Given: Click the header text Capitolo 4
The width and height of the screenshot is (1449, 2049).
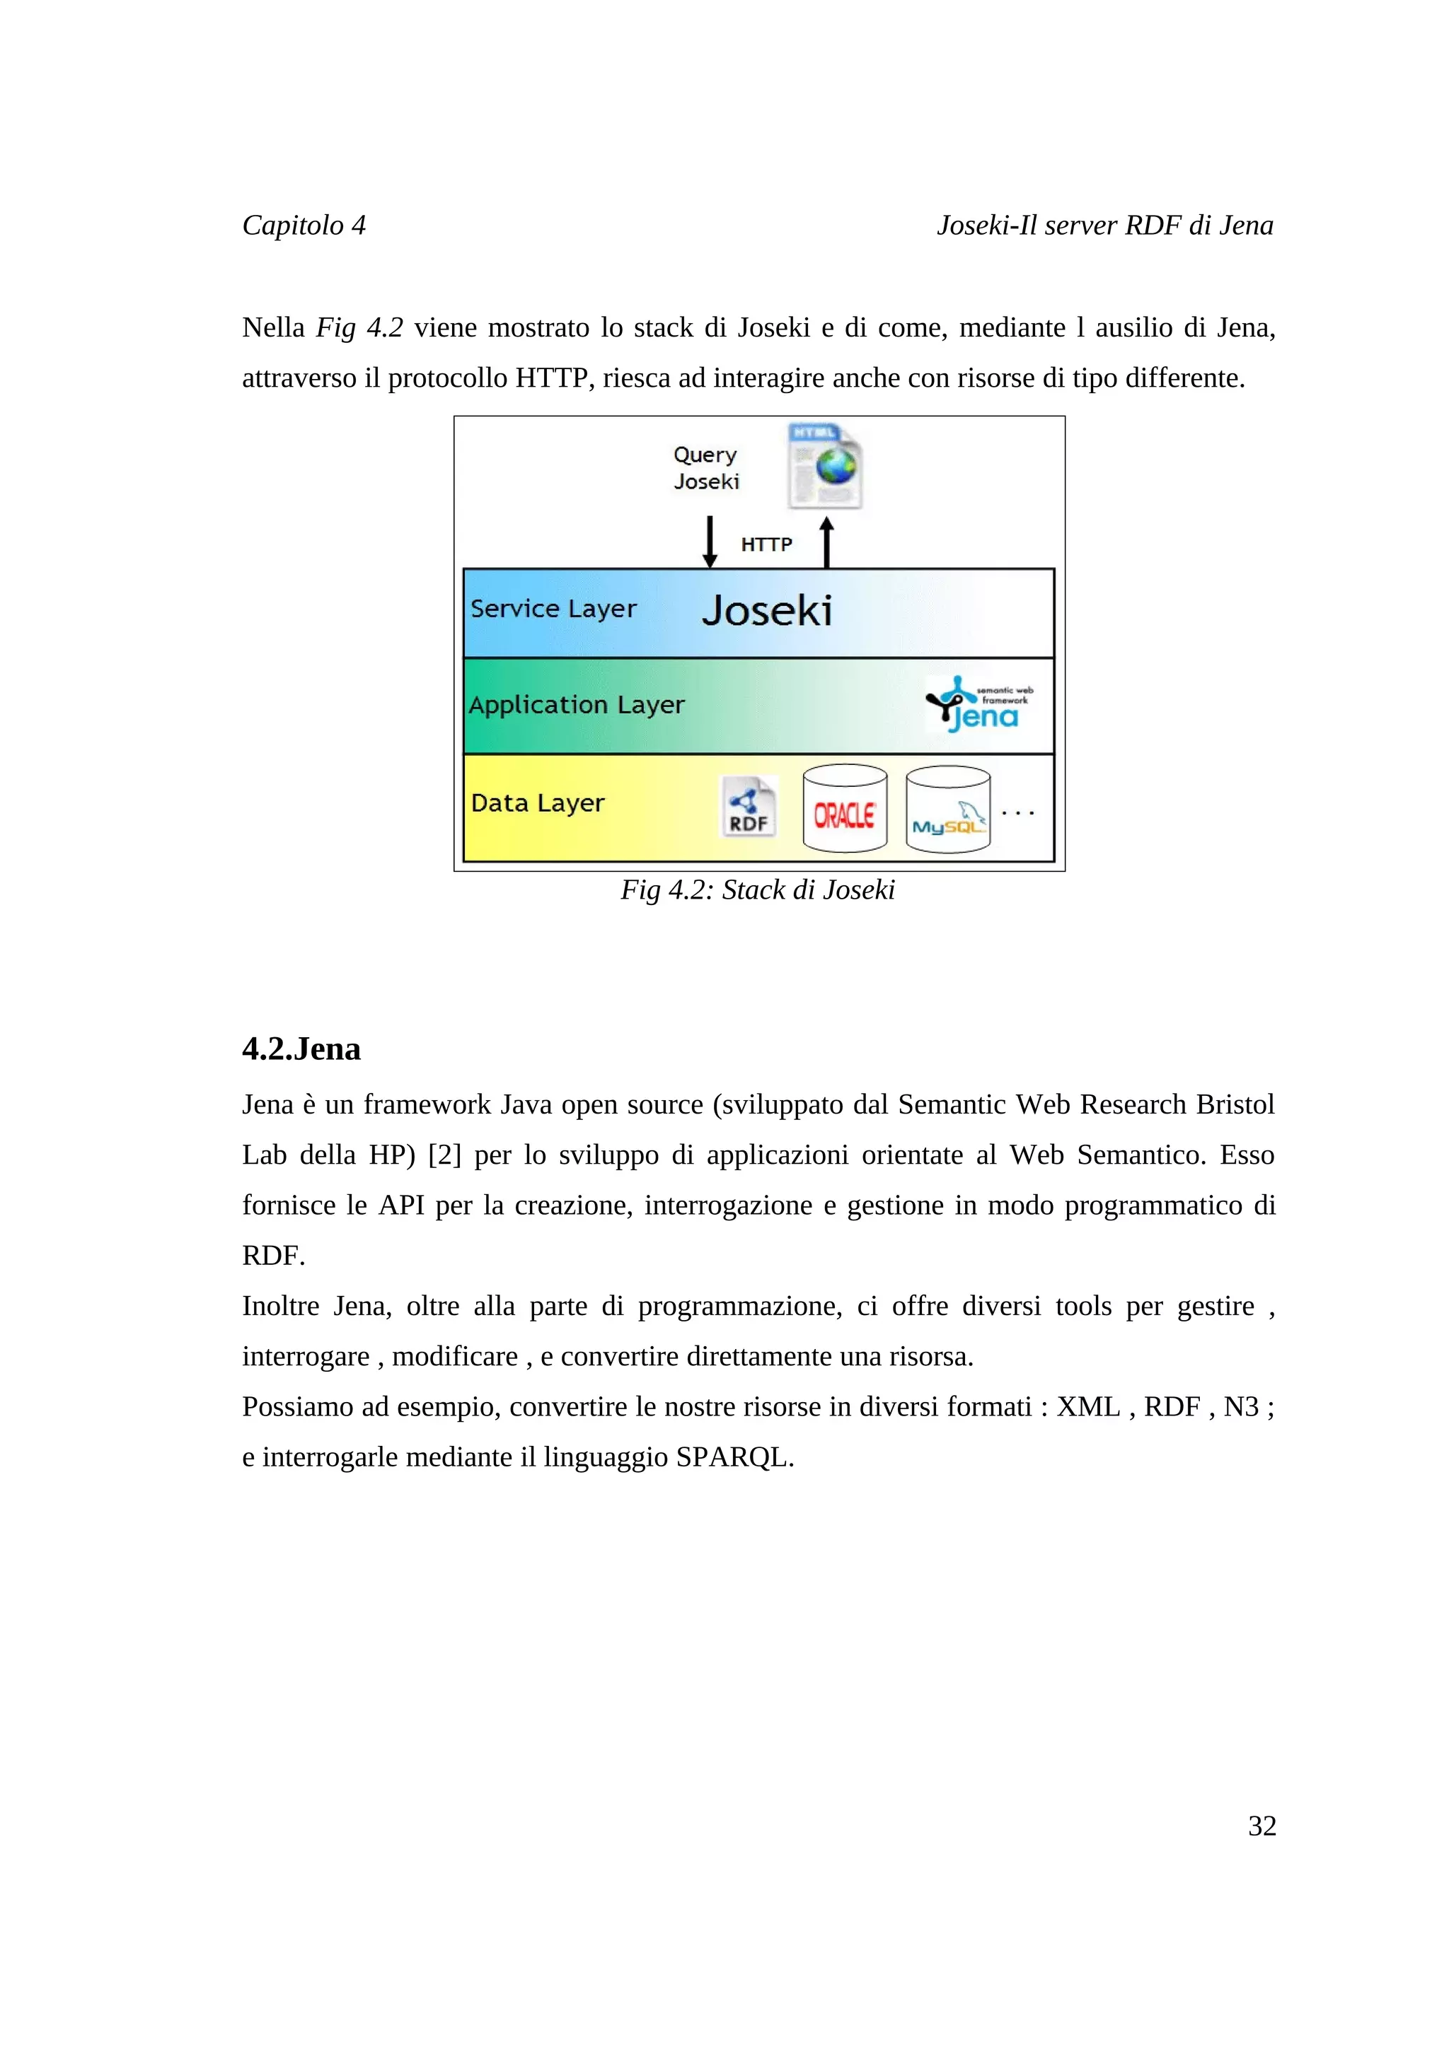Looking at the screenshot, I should coord(304,225).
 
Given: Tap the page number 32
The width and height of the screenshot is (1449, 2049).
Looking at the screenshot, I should coord(1261,1825).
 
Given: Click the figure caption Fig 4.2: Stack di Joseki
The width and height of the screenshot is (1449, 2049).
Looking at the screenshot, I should coord(757,889).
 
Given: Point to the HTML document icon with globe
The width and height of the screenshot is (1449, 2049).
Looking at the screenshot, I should coord(825,467).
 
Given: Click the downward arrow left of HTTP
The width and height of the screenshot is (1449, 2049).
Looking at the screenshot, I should coord(710,541).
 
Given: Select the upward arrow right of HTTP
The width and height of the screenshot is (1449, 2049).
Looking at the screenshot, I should coord(826,542).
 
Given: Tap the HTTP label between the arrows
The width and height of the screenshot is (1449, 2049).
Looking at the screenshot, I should coord(766,544).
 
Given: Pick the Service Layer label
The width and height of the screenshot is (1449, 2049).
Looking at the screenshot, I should coord(553,609).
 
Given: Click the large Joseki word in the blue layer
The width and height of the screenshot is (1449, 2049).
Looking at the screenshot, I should coord(767,612).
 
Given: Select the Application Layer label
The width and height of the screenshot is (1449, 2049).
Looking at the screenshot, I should coord(576,705).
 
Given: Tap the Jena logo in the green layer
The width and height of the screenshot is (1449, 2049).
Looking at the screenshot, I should coord(979,704).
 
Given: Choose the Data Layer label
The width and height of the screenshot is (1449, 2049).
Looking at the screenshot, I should coord(538,803).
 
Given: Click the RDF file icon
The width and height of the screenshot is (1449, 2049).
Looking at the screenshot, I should coord(748,807).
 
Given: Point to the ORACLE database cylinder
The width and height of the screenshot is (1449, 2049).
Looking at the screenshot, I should coord(845,809).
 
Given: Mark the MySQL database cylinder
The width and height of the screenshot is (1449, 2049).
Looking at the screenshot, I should coord(947,810).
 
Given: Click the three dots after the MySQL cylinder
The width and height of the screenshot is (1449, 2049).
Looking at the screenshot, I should coord(1018,813).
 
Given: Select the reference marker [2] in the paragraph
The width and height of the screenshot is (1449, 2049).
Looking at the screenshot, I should coord(444,1155).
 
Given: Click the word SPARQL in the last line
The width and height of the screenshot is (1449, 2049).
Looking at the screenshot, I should coord(732,1457).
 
